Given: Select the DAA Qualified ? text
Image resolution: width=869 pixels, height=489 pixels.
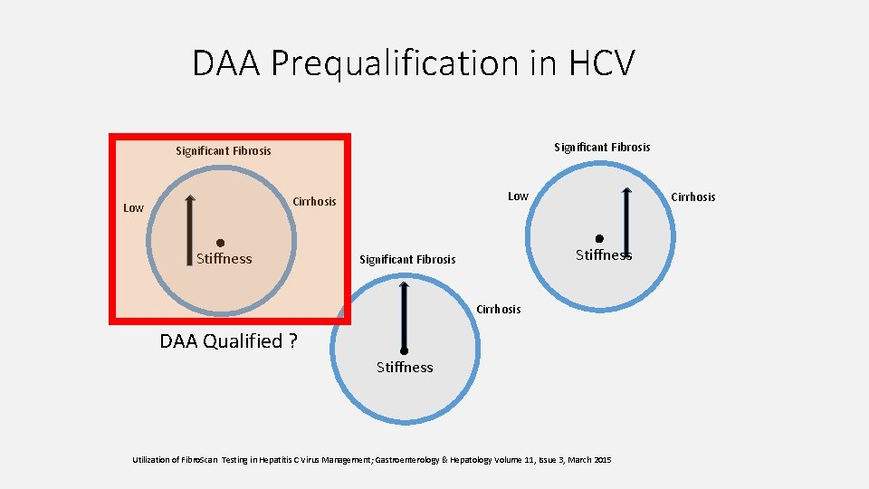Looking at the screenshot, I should (x=228, y=341).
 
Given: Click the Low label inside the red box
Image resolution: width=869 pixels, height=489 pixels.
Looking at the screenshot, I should (x=133, y=208).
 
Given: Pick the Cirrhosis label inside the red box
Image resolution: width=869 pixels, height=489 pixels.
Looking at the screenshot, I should (x=314, y=201).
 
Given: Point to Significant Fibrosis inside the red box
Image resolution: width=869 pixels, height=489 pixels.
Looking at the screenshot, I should (x=223, y=150).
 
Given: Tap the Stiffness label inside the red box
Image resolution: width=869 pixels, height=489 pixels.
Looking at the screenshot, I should (x=224, y=259).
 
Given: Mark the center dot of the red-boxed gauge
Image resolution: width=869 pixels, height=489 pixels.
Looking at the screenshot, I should (x=220, y=242).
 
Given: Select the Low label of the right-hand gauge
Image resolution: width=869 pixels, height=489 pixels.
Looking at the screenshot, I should (x=518, y=197).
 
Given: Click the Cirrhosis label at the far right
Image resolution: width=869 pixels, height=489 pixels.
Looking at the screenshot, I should (x=693, y=197).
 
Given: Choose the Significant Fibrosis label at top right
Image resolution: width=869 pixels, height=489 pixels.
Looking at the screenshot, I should (x=602, y=147).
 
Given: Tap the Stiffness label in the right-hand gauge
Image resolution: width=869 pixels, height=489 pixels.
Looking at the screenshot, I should (x=604, y=255).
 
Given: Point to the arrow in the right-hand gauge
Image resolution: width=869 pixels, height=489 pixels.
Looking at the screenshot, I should (x=626, y=222).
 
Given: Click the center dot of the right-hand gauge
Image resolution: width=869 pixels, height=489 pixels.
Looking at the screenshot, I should (x=599, y=238).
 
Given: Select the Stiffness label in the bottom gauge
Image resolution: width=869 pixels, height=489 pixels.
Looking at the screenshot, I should (x=405, y=368).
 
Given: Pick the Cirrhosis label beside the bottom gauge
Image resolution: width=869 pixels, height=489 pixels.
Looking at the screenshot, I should (x=499, y=310).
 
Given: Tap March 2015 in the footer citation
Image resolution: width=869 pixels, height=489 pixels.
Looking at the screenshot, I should (x=589, y=460).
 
